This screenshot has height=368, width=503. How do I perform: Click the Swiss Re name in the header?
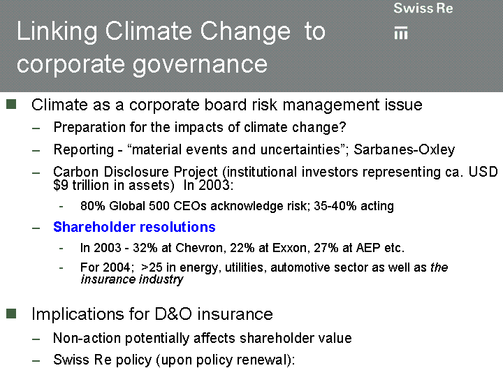point(423,8)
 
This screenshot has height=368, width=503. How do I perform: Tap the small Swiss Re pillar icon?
point(401,34)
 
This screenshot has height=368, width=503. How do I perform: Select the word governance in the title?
point(200,65)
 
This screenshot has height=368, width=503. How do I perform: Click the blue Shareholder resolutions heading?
point(134,227)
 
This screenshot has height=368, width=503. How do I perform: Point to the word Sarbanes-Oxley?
point(404,149)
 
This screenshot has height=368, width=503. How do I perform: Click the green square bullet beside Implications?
point(11,314)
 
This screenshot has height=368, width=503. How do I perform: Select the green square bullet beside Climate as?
point(11,104)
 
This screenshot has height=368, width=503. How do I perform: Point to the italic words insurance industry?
point(132,279)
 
